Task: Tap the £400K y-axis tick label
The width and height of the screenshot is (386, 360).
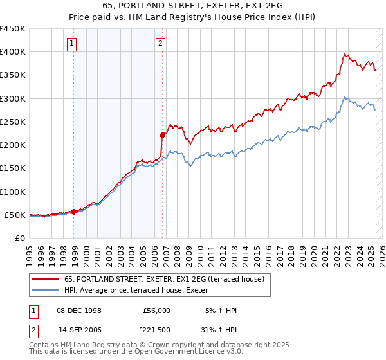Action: click(x=13, y=52)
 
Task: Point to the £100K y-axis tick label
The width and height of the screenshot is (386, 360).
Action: click(x=13, y=192)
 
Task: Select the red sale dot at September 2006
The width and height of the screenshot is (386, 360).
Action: click(x=162, y=135)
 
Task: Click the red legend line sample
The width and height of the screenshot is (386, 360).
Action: click(x=46, y=279)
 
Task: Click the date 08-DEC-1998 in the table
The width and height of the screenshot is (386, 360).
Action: click(x=79, y=310)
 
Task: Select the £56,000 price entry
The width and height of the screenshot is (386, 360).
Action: click(x=156, y=310)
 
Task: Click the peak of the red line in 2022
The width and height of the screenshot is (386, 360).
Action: click(x=345, y=54)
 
